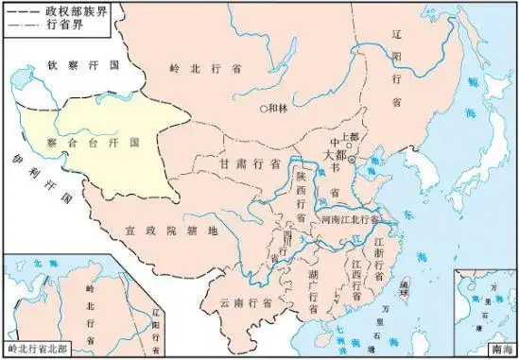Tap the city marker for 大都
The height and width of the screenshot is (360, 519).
coord(352,161)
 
